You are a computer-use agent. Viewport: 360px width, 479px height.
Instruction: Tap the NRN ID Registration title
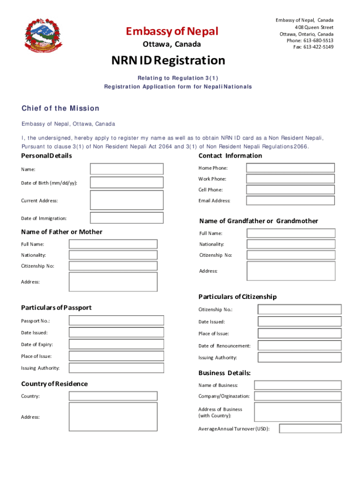(168, 60)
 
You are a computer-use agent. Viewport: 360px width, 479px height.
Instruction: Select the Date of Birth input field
(127, 182)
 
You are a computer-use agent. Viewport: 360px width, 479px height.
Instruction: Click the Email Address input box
(290, 200)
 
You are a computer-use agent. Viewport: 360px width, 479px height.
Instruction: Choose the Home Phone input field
(290, 168)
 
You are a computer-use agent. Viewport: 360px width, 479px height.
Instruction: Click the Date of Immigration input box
(127, 218)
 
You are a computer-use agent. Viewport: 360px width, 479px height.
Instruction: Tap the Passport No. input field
(116, 320)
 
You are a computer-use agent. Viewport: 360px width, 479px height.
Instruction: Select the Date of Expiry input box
(116, 344)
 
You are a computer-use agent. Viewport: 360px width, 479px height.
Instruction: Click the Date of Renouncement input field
(300, 346)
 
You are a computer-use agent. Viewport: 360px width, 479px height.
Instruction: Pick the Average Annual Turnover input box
(310, 428)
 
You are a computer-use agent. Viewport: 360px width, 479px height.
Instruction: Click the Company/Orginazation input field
(298, 396)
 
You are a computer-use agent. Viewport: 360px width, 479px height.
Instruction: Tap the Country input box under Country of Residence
(113, 396)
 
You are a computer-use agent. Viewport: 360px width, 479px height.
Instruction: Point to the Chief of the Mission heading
(60, 109)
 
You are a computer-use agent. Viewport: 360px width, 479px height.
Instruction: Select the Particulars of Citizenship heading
(238, 297)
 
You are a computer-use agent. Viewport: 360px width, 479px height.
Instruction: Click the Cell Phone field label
(210, 190)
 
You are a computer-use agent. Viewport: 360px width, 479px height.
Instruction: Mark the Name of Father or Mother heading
(62, 232)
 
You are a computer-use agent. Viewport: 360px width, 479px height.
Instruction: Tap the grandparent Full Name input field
(291, 233)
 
